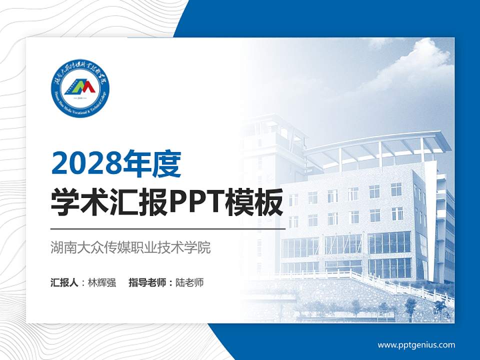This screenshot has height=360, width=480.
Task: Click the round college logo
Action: tap(80, 88)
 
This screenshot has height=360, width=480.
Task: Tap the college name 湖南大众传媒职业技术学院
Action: tap(130, 247)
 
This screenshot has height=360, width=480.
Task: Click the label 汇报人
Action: tap(64, 282)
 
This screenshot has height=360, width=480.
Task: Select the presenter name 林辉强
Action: tap(102, 282)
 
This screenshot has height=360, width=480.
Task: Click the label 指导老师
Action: tap(147, 282)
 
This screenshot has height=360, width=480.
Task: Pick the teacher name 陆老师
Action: tap(190, 282)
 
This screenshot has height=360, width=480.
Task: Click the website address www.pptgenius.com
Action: tap(416, 345)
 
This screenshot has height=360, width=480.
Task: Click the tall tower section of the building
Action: tap(272, 150)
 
